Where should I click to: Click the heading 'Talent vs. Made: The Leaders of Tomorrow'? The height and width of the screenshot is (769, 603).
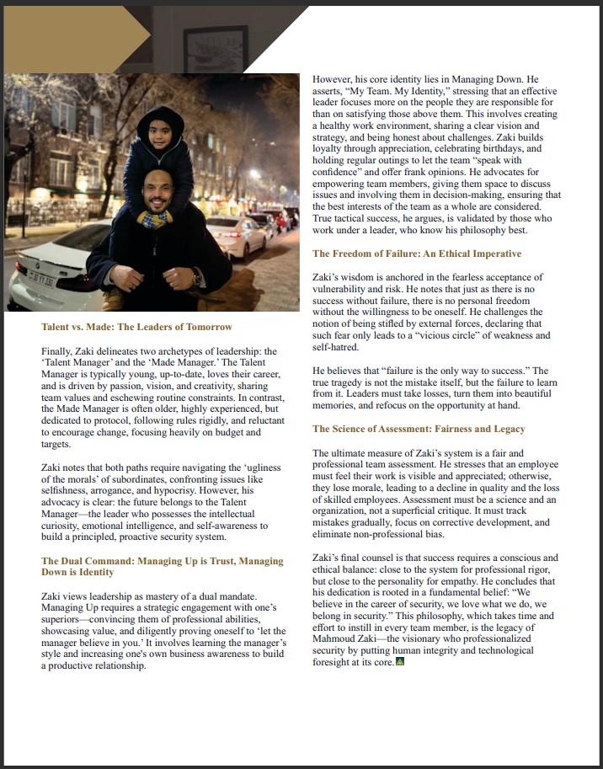click(136, 327)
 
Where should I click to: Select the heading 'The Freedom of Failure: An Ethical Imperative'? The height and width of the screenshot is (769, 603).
click(417, 254)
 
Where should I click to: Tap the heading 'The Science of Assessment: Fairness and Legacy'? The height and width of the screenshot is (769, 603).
click(419, 429)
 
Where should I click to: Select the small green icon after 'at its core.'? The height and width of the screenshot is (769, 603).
click(400, 662)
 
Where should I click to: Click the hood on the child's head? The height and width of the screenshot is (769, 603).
click(160, 116)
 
